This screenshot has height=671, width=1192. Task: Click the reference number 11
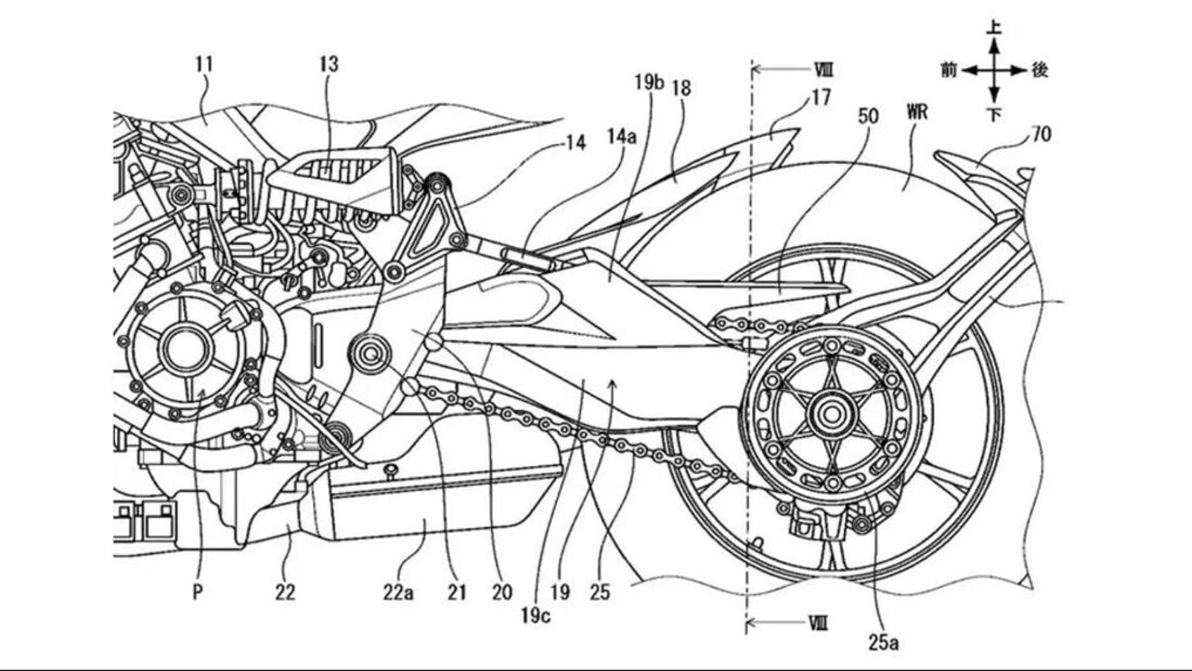pos(204,65)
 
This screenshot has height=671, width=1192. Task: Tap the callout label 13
pos(329,65)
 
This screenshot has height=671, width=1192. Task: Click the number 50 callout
pos(868,116)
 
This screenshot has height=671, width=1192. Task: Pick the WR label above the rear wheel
pos(917,112)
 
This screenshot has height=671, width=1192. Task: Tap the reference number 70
pos(1041,134)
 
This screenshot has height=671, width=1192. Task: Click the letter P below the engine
pos(197,592)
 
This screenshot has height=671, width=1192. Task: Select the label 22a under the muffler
pos(399,593)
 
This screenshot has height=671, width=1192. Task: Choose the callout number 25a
pos(883,642)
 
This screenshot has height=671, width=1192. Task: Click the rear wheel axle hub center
pos(827,412)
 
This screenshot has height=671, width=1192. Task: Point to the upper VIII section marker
pos(823,71)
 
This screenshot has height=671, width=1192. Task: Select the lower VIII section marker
pos(818,623)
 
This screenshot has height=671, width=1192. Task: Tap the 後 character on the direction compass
pos(1040,70)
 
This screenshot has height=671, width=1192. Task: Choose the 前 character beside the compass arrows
pos(948,70)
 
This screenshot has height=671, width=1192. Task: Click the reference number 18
pos(681,88)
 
